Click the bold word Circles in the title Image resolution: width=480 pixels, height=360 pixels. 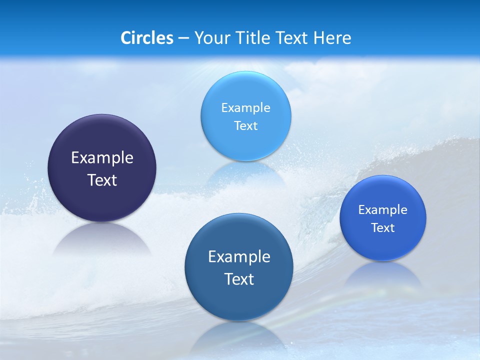(x=147, y=38)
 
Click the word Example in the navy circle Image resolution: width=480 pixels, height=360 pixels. (x=102, y=158)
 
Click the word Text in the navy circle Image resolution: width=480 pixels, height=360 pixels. (x=102, y=180)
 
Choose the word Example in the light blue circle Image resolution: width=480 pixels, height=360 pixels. (x=246, y=108)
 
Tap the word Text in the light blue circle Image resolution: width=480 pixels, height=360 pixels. (x=246, y=126)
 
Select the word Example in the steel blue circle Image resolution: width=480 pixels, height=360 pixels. (x=239, y=257)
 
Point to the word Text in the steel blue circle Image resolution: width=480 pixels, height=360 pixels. (x=239, y=279)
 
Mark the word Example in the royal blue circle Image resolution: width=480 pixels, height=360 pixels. (x=383, y=210)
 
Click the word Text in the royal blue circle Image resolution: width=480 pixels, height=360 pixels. (x=383, y=228)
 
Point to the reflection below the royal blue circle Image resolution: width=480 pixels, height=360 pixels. (x=383, y=274)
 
